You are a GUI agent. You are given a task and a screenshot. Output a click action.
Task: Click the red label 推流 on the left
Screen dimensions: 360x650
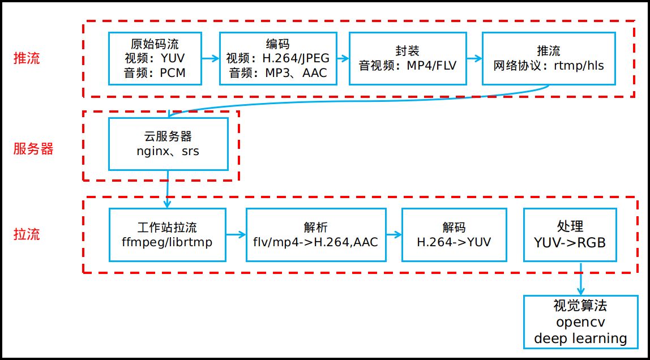pos(27,58)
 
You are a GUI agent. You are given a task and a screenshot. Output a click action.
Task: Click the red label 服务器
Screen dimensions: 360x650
pos(33,149)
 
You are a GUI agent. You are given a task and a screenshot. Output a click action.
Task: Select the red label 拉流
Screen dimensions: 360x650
pos(27,234)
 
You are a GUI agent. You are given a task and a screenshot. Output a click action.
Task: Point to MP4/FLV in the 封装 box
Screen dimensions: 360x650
pos(431,65)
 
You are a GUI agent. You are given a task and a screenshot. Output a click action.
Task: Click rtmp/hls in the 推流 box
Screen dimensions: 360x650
pos(576,65)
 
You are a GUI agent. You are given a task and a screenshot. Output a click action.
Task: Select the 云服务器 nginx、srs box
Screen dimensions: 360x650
pos(168,144)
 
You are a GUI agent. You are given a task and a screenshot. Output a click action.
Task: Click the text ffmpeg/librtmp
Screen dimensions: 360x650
pos(168,242)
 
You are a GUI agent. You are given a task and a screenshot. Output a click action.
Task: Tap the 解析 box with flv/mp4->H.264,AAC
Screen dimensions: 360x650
pos(316,235)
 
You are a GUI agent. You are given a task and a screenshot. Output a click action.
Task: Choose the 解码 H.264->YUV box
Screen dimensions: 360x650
pos(454,235)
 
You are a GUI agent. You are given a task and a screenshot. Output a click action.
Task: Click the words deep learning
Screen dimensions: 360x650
pos(580,338)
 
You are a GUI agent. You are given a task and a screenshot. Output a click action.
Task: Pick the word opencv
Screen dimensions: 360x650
pos(580,323)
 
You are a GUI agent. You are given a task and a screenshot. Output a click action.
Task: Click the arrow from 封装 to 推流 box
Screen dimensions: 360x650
pos(473,58)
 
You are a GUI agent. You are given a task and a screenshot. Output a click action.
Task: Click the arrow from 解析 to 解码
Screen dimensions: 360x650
pos(394,234)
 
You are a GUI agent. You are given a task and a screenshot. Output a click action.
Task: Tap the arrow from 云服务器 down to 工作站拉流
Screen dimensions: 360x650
pos(168,190)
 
